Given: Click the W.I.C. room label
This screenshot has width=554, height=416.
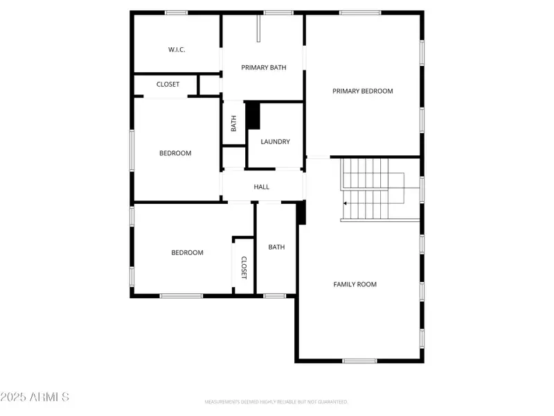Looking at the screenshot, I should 177,50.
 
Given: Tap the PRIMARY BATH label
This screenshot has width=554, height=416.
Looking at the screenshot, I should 263,67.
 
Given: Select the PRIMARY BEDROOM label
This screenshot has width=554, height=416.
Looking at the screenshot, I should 362,91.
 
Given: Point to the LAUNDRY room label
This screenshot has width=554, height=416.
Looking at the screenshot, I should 275,141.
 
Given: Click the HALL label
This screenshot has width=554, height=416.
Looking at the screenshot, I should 261,187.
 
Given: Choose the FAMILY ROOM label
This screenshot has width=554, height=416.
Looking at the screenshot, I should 355,284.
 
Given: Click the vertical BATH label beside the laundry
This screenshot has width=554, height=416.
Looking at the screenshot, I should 233,123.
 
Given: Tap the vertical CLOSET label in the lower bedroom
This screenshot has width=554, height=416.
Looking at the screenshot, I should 244,267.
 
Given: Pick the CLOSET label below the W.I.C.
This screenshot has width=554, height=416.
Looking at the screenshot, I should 168,85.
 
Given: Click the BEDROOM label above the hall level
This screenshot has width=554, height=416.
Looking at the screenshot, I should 175,153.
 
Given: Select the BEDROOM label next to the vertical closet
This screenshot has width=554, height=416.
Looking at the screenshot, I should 187,252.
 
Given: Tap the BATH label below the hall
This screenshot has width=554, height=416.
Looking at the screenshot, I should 276,247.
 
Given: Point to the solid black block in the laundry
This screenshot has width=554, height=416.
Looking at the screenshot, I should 253,115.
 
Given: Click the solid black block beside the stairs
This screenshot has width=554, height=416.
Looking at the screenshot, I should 301,213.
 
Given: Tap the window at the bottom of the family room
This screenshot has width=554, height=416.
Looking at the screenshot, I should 359,361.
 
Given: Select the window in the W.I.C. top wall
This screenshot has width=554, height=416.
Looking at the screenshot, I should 177,12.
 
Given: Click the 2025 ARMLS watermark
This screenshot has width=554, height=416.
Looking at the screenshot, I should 35,397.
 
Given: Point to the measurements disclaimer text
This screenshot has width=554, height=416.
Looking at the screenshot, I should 276,402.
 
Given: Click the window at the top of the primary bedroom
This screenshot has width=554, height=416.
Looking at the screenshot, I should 359,12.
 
